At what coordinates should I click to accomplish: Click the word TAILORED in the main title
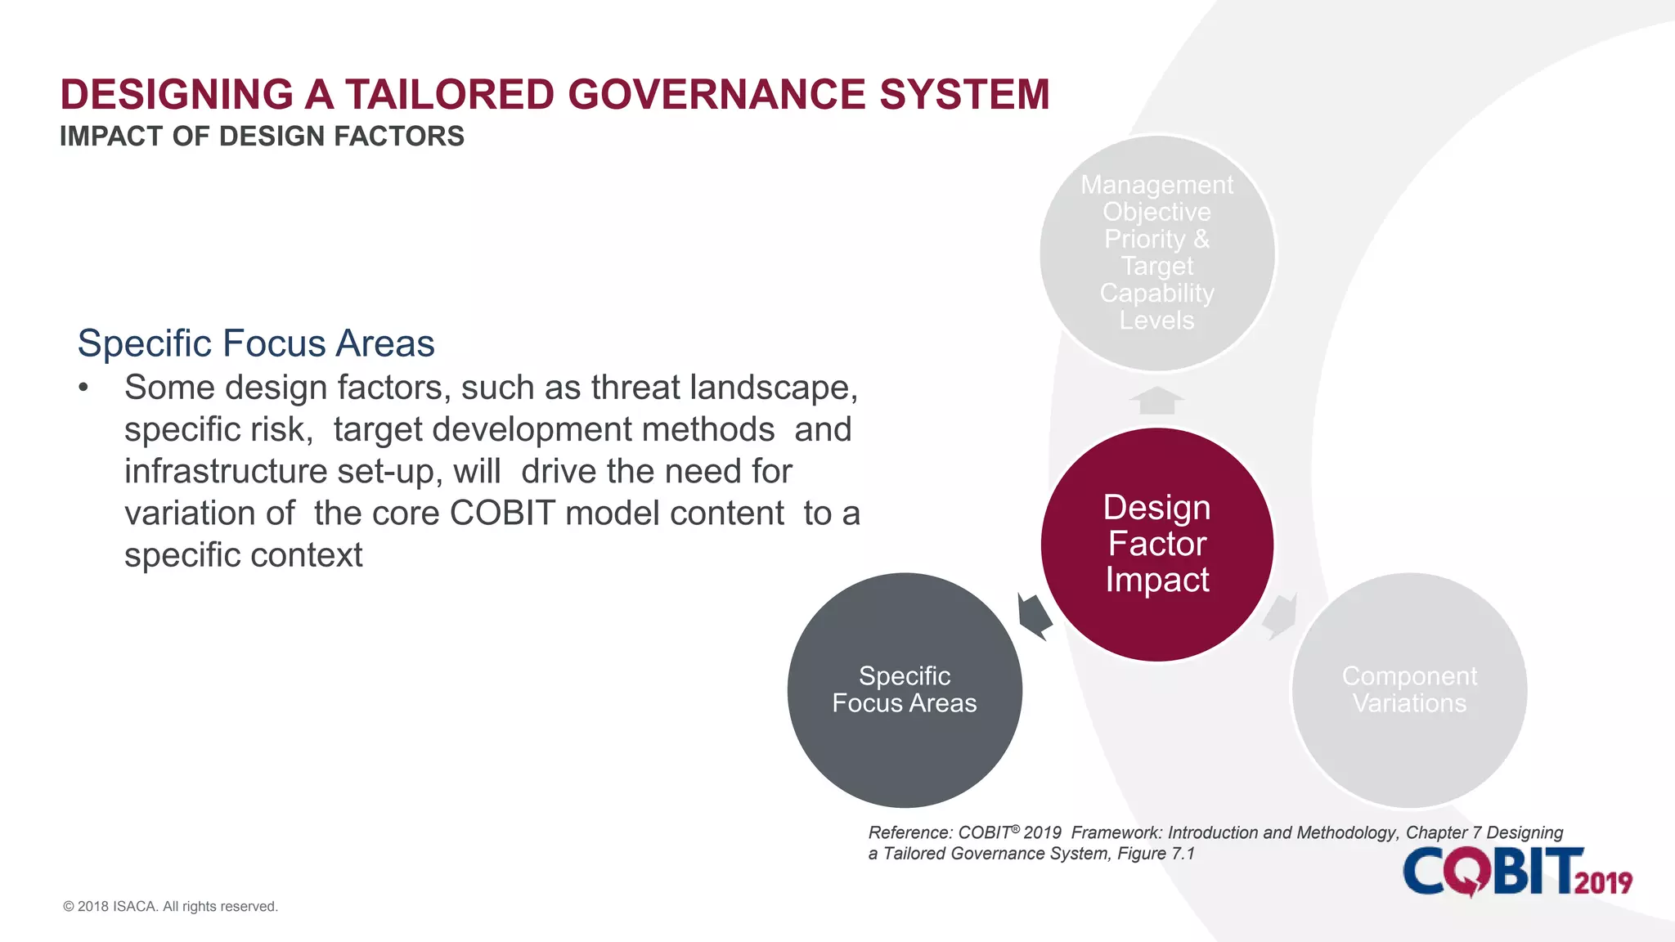449,94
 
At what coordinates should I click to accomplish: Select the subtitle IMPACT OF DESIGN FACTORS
262,136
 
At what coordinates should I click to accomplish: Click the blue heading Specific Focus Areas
256,343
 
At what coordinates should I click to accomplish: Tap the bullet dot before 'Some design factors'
83,388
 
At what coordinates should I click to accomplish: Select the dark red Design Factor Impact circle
1156,544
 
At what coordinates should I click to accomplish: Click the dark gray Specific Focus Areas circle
905,690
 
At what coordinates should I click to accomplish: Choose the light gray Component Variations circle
1409,690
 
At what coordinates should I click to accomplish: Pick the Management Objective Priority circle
1156,253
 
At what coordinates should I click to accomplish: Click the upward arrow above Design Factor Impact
1156,401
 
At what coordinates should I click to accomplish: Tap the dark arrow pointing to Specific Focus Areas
1034,615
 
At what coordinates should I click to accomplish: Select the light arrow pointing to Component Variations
1281,616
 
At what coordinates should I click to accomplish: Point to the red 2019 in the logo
1603,882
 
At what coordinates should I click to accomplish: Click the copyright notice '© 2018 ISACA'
170,906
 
